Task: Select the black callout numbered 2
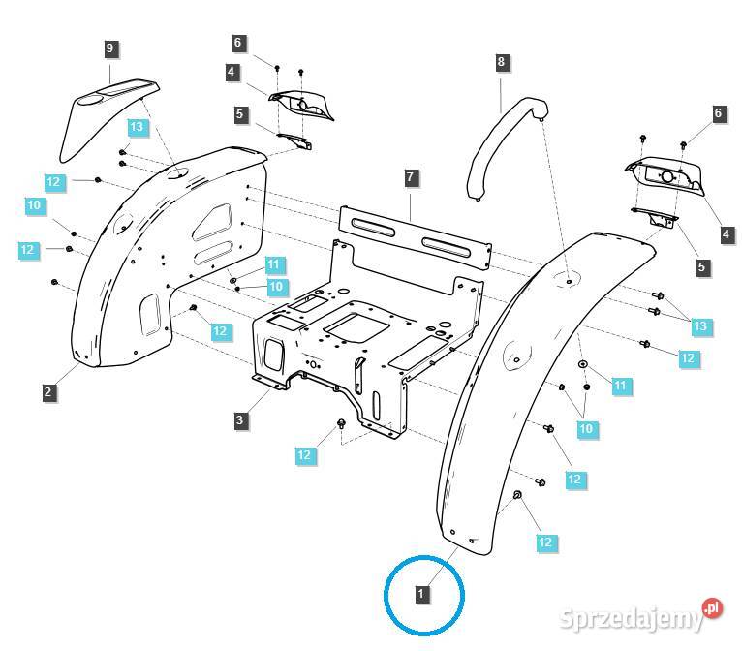coord(48,392)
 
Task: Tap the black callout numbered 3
coord(239,420)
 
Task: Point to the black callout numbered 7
coord(411,177)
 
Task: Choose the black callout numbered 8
coord(501,62)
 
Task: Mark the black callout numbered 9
coord(109,47)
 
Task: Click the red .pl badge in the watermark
coord(712,607)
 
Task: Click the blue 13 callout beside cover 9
coord(138,128)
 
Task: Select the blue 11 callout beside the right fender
coord(621,386)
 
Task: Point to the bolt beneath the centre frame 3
coord(342,423)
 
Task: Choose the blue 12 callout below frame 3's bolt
coord(304,454)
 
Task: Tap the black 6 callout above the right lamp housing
coord(718,114)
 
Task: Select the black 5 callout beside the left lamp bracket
coord(238,114)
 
